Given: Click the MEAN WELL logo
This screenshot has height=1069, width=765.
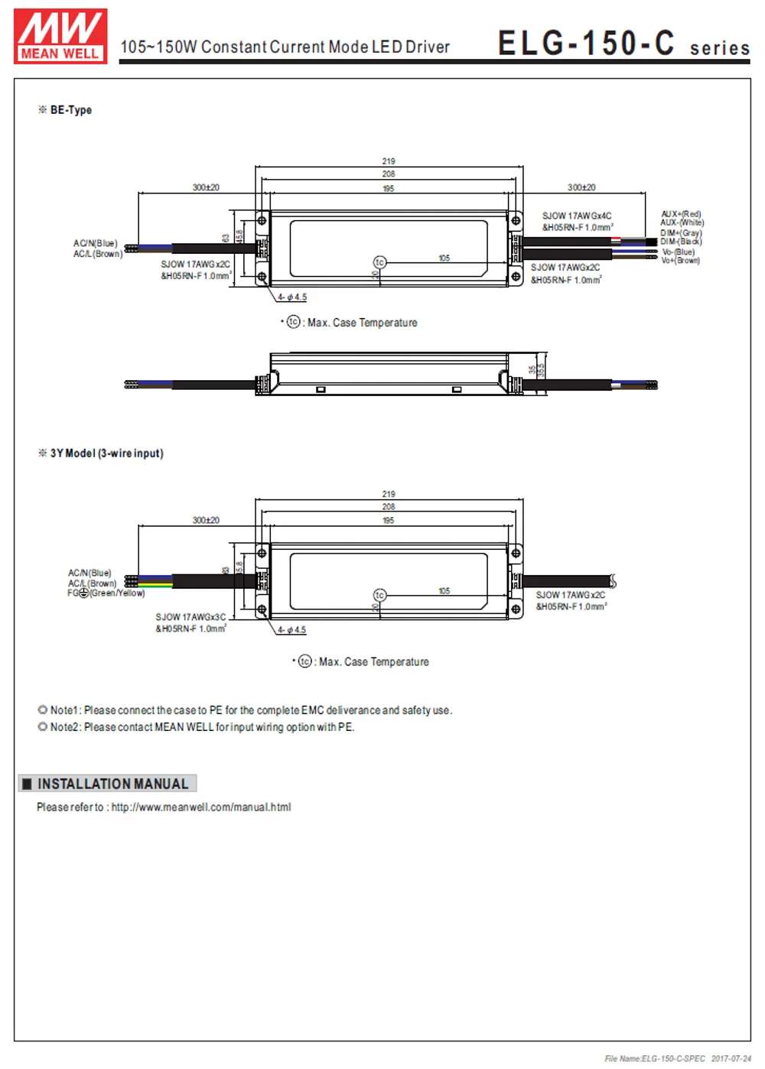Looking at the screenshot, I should pyautogui.click(x=60, y=36).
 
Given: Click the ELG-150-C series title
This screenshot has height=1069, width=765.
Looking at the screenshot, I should pyautogui.click(x=623, y=44).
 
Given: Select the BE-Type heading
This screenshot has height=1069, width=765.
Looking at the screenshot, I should pyautogui.click(x=70, y=110).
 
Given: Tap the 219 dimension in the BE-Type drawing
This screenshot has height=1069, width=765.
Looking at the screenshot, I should pyautogui.click(x=389, y=161).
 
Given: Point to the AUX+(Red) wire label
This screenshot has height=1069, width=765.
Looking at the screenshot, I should pyautogui.click(x=681, y=214).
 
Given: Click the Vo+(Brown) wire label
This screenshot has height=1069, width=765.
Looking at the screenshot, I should pyautogui.click(x=680, y=261).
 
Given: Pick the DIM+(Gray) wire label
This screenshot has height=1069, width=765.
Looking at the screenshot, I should pyautogui.click(x=681, y=233).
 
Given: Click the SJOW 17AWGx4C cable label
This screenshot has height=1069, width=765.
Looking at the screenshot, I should pyautogui.click(x=577, y=216).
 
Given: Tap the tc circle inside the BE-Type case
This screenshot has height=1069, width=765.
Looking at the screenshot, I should pyautogui.click(x=379, y=262).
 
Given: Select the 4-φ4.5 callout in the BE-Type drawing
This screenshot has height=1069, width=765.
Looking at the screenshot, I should pyautogui.click(x=292, y=297).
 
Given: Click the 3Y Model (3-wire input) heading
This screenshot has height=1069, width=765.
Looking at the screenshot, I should pyautogui.click(x=106, y=453).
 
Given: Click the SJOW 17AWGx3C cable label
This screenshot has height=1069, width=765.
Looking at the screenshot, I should pyautogui.click(x=190, y=617).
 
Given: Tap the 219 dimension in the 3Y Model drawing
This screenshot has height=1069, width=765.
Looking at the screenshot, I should pyautogui.click(x=389, y=494).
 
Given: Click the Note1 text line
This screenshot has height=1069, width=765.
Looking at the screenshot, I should pyautogui.click(x=251, y=710).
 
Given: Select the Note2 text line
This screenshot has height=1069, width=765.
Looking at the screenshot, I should pyautogui.click(x=202, y=727).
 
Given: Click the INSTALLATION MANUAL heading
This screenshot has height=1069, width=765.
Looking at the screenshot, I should pyautogui.click(x=112, y=784).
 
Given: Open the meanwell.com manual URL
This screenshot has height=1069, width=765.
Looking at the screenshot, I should pyautogui.click(x=201, y=807).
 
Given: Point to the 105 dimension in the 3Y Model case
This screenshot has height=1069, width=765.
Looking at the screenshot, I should pyautogui.click(x=444, y=591).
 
